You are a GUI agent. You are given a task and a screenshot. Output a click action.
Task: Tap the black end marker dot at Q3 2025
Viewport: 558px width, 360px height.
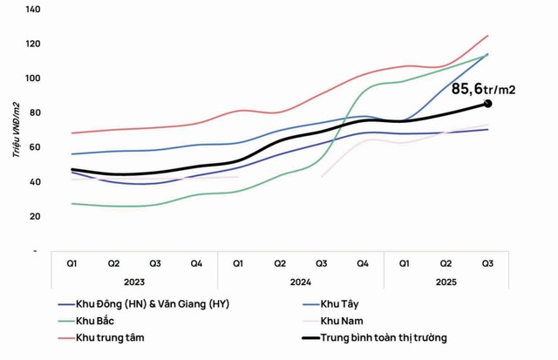(x=487, y=104)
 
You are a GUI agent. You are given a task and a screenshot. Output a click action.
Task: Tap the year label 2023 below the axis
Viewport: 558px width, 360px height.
(x=134, y=281)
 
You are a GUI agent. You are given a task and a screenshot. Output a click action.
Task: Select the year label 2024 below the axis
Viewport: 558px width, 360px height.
(x=301, y=281)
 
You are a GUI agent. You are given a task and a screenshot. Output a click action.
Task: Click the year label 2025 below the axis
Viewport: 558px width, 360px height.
(x=446, y=281)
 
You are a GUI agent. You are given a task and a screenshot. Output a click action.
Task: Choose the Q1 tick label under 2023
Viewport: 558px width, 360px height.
(x=71, y=262)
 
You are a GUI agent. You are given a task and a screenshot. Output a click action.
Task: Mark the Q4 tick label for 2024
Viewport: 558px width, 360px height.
(x=363, y=262)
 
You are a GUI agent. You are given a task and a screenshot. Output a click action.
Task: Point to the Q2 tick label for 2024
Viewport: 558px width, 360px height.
(x=280, y=262)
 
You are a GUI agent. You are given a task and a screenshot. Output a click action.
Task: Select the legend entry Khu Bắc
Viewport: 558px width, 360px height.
(x=96, y=320)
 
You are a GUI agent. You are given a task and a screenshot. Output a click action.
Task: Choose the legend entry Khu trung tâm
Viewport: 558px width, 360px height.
(x=108, y=336)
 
